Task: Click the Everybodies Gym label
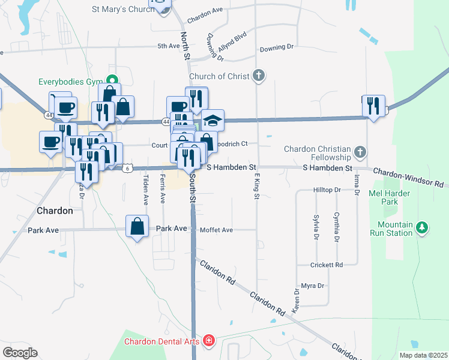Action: click(x=71, y=82)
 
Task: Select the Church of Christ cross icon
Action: click(x=258, y=76)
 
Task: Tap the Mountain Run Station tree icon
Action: click(x=423, y=227)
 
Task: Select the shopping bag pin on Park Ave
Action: click(x=137, y=226)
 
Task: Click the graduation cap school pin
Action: click(x=212, y=120)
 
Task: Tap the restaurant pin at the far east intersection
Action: click(x=373, y=106)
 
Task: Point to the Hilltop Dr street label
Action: click(x=327, y=190)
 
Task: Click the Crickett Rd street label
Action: click(x=327, y=265)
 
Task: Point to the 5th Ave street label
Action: click(x=169, y=46)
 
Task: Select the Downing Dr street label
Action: click(x=277, y=46)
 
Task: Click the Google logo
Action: click(x=20, y=352)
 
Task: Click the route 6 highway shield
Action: click(x=127, y=168)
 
